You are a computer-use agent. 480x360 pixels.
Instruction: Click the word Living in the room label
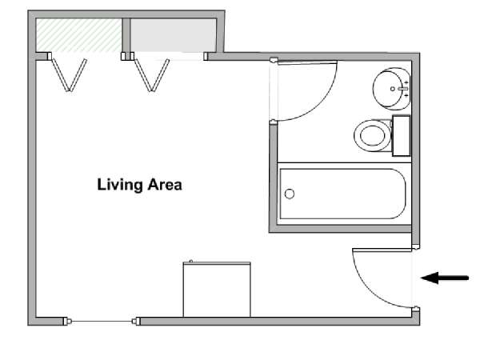120,185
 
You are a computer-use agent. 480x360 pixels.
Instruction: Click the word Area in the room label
165,185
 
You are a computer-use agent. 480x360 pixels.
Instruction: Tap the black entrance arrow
445,278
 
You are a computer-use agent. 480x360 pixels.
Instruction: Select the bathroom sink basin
391,89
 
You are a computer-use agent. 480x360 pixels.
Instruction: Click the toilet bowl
373,135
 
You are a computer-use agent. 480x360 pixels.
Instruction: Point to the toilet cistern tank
402,136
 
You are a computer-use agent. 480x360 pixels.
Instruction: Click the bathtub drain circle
290,194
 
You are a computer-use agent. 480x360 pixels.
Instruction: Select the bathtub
344,194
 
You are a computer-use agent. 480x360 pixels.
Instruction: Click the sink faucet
403,89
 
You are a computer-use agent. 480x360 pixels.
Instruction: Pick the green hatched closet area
78,35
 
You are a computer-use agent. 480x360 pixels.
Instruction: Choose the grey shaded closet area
174,35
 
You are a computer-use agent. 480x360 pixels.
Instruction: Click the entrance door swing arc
367,291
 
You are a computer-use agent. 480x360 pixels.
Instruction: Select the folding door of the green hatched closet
69,75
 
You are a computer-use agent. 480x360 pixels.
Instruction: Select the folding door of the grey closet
152,75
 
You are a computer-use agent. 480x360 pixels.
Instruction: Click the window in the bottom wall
102,321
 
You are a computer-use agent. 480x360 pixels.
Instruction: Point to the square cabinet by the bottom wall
217,290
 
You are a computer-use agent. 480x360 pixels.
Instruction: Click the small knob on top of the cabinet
191,261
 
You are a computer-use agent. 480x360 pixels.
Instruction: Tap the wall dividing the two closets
126,35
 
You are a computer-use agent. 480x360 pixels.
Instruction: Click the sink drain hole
393,89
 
